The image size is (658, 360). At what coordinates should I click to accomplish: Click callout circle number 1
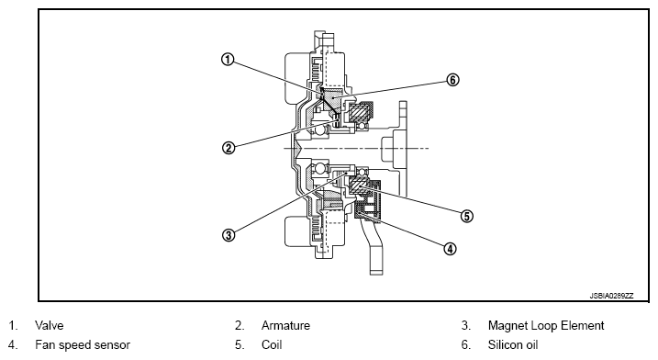click(x=228, y=60)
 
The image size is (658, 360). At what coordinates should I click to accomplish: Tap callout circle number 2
click(x=229, y=148)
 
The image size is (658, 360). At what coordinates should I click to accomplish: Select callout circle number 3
click(x=229, y=235)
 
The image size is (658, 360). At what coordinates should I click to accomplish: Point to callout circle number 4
click(x=450, y=249)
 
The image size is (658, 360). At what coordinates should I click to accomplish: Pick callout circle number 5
click(x=466, y=217)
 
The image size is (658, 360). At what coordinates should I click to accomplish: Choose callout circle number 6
click(x=452, y=80)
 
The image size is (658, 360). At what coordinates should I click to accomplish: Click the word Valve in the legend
click(x=50, y=325)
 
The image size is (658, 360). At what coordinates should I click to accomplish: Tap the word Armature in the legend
click(x=285, y=325)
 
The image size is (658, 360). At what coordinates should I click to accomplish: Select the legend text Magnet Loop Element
click(x=546, y=325)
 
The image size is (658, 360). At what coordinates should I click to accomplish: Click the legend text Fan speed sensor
click(x=83, y=345)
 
